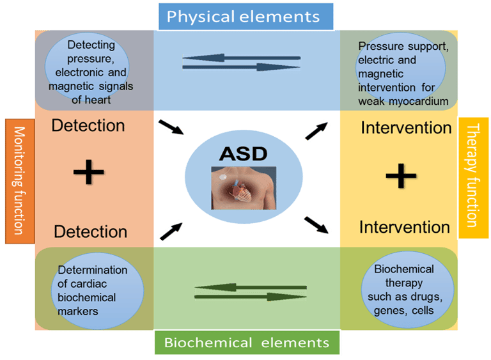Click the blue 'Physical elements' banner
[245, 17]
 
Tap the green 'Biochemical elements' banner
[247, 343]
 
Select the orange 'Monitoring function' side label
[20, 181]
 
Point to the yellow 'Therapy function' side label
[474, 178]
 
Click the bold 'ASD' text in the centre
[244, 154]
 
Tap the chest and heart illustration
[244, 188]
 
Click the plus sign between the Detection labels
[89, 172]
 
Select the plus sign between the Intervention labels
[401, 175]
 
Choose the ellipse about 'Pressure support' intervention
[401, 68]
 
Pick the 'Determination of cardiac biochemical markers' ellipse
[97, 291]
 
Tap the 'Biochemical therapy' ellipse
[407, 290]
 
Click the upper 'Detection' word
[88, 125]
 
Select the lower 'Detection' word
[91, 231]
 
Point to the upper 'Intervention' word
[406, 128]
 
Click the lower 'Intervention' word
[405, 227]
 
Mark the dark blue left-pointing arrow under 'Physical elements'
[242, 58]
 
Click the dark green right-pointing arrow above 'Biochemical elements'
[251, 297]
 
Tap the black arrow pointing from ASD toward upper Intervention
[316, 131]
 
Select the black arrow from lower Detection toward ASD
[171, 231]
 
